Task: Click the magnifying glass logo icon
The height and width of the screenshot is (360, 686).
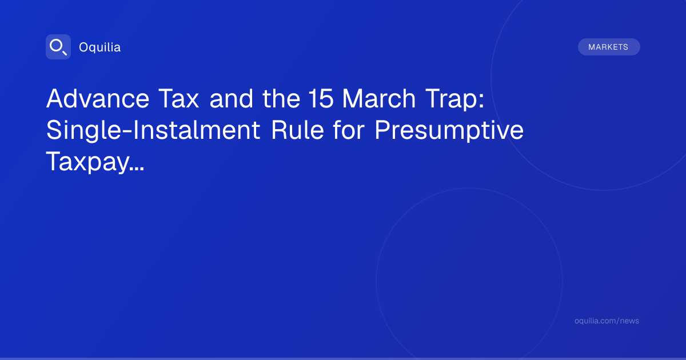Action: click(58, 47)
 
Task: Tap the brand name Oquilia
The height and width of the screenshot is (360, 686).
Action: click(100, 47)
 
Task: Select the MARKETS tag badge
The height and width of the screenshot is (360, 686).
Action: click(609, 47)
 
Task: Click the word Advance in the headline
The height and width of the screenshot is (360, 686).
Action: click(98, 98)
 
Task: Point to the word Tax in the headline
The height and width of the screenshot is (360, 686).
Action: click(178, 98)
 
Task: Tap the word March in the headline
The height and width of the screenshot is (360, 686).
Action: click(379, 98)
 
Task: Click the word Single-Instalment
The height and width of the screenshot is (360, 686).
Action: click(153, 130)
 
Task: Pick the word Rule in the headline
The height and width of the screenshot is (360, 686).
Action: click(297, 130)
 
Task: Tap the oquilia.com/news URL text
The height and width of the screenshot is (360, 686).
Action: click(607, 321)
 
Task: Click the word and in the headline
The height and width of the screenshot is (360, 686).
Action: click(231, 98)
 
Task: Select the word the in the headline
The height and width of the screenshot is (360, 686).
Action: click(281, 98)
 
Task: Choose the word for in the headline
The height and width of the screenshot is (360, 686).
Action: click(349, 130)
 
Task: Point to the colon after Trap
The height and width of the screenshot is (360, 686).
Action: click(482, 101)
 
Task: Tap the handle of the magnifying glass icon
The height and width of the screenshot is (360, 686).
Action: click(65, 53)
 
